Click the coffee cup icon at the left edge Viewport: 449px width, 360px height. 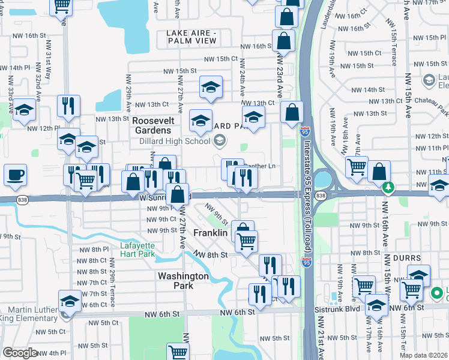point(15,175)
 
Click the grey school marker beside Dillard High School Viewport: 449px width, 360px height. point(220,141)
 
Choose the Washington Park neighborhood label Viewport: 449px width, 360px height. point(183,281)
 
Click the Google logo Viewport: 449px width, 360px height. point(20,352)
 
